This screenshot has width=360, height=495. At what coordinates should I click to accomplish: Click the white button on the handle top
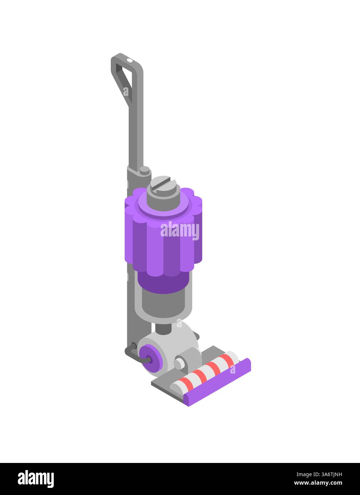[130, 61]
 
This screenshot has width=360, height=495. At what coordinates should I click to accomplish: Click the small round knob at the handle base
[145, 170]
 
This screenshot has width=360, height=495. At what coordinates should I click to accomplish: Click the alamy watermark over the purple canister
[180, 230]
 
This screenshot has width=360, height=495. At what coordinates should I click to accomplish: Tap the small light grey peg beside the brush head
[179, 364]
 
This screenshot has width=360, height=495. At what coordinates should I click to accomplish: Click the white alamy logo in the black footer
[36, 479]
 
